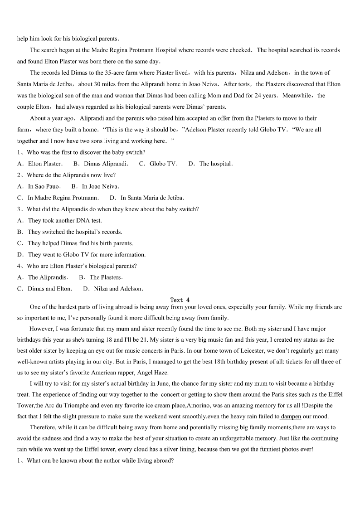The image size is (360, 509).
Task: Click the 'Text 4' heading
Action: coord(180,300)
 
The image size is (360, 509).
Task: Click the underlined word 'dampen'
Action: coord(291,417)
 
